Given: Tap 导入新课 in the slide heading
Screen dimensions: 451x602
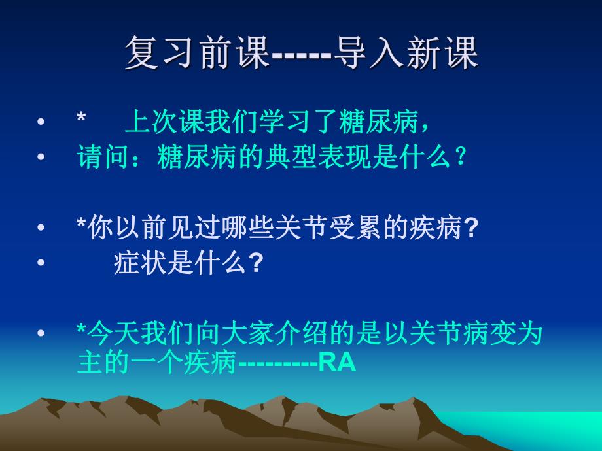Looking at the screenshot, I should [x=406, y=52].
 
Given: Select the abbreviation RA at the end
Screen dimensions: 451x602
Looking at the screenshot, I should [x=338, y=363].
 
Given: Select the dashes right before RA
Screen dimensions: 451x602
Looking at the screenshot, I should [x=277, y=364].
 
